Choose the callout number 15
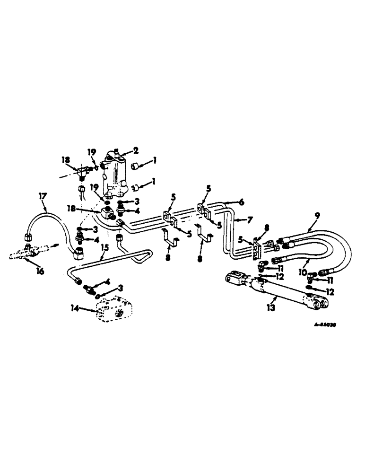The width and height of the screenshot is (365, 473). (105, 247)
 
